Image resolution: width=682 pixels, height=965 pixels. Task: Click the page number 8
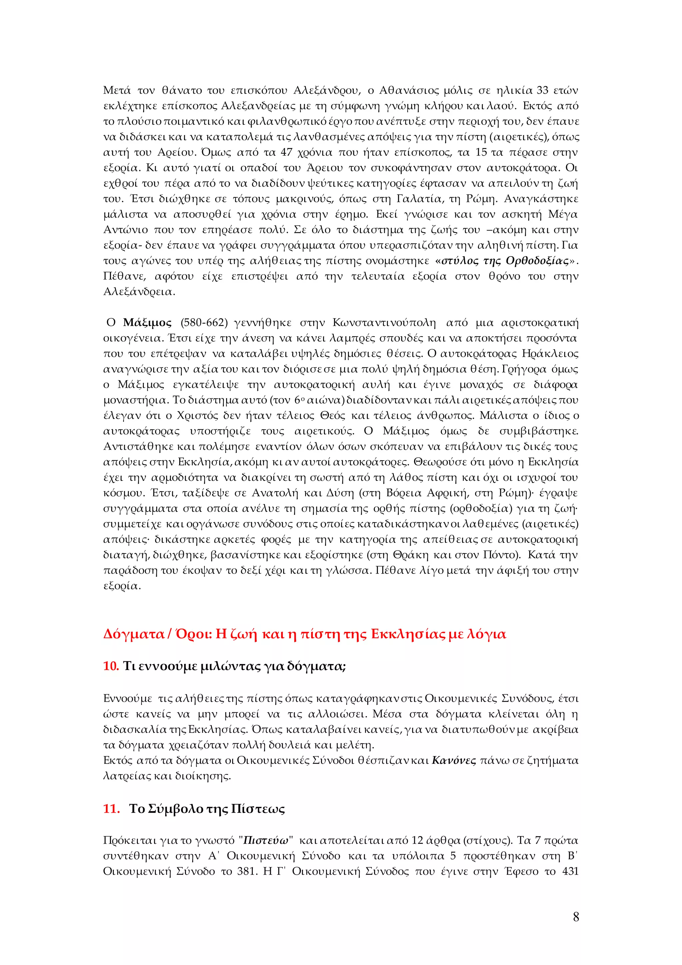[576, 917]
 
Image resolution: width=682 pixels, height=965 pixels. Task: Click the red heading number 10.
[111, 666]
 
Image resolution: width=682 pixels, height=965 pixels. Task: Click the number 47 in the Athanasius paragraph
[286, 152]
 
